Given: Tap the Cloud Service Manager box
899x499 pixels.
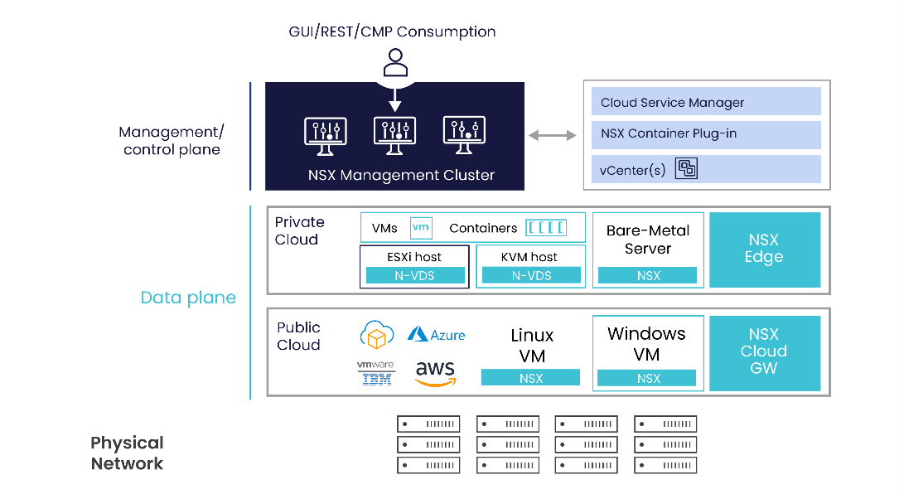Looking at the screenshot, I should click(x=705, y=103).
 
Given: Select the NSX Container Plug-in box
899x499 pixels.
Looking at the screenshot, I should click(x=705, y=133).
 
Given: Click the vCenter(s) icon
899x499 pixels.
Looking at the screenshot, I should click(x=687, y=169).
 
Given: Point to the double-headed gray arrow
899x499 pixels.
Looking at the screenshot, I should click(x=553, y=135).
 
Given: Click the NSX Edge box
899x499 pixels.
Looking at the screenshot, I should click(x=764, y=249).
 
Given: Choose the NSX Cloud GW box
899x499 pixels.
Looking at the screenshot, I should click(x=764, y=351).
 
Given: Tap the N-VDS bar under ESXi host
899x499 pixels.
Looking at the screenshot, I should click(x=415, y=275).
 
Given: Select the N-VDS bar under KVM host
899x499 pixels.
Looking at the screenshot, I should click(x=531, y=275).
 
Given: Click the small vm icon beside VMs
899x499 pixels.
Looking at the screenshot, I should click(x=422, y=227).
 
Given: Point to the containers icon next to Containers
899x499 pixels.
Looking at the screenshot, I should click(x=546, y=227).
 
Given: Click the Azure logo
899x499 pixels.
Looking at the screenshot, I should click(x=437, y=335).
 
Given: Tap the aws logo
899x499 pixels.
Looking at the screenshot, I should click(x=435, y=373).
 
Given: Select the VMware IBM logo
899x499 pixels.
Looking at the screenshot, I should click(x=376, y=373).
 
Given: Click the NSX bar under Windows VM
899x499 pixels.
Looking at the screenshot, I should click(x=649, y=378).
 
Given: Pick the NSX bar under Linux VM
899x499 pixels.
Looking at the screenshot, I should click(x=531, y=378).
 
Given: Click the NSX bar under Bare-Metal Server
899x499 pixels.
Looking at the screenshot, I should click(x=649, y=275).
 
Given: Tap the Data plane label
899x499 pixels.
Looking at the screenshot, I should click(x=188, y=298).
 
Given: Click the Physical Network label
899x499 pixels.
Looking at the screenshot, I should click(x=127, y=453).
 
